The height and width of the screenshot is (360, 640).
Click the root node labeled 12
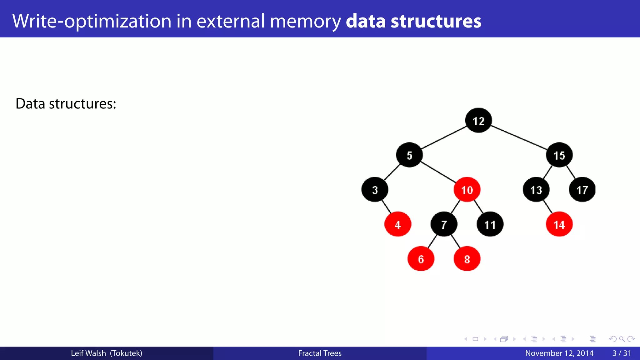(x=478, y=120)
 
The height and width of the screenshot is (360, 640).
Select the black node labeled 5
(x=409, y=155)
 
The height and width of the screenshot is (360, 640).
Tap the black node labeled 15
(x=559, y=155)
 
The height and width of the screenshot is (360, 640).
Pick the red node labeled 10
(x=467, y=190)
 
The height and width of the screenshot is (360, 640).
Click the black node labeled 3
(x=375, y=190)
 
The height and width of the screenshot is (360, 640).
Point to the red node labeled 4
(x=397, y=224)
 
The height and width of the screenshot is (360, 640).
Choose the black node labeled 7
(x=444, y=224)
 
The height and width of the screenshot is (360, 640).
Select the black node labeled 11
(x=490, y=224)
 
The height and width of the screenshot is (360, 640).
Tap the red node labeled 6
(x=421, y=259)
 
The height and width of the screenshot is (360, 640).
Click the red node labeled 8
(x=467, y=259)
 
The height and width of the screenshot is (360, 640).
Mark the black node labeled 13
(x=536, y=190)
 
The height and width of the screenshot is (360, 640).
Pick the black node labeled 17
(x=582, y=190)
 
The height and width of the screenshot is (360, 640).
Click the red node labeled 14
(x=559, y=224)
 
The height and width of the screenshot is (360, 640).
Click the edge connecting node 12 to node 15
(x=519, y=137)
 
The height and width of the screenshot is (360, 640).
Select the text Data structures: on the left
(x=66, y=104)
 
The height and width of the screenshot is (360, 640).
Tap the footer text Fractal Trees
(x=320, y=353)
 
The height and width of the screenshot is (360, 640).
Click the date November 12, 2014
(x=559, y=353)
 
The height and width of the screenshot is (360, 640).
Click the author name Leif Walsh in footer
(x=88, y=353)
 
